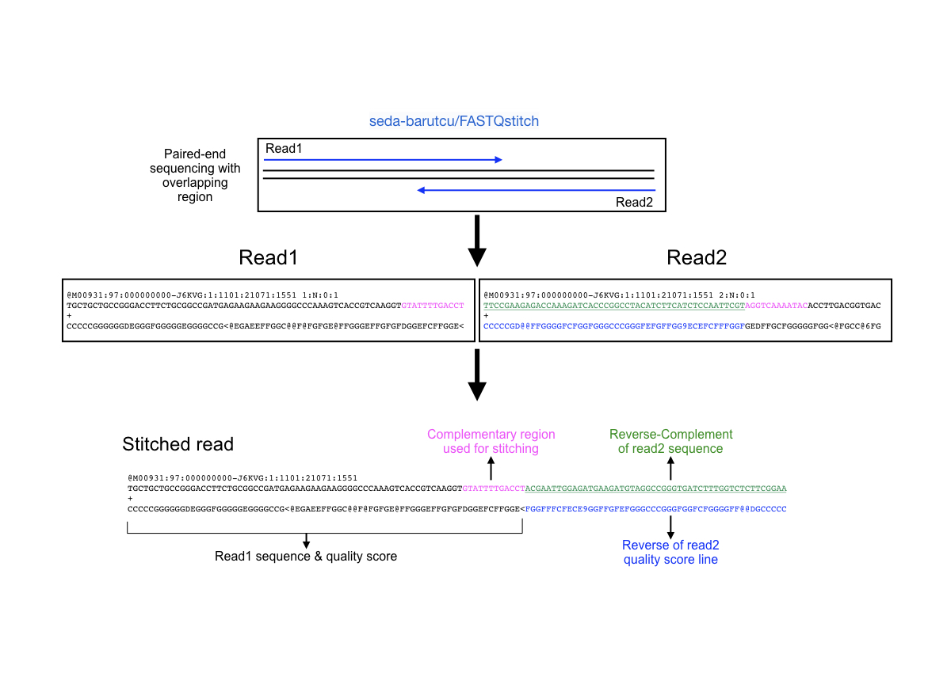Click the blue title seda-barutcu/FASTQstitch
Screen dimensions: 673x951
tap(454, 121)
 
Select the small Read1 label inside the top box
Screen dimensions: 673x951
tap(284, 148)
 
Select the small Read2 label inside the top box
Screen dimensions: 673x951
tap(634, 202)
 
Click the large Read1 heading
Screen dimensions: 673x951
tap(268, 257)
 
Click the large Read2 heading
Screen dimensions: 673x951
tap(697, 257)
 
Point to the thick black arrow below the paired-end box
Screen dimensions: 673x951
tap(476, 241)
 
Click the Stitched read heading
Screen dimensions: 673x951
tap(178, 444)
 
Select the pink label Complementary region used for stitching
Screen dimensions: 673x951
tap(491, 442)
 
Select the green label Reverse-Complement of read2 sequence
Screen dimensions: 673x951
tap(670, 442)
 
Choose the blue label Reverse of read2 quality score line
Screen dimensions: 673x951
tap(670, 552)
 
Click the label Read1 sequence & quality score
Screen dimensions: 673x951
tap(306, 557)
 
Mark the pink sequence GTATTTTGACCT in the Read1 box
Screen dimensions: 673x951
tap(433, 305)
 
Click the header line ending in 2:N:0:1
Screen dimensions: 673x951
tap(619, 295)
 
